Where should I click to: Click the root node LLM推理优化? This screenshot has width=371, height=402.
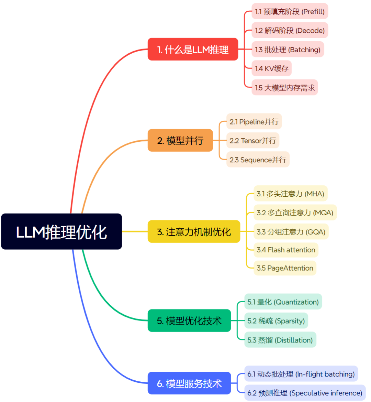pos(61,231)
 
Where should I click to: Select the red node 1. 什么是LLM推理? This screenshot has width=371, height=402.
pos(193,50)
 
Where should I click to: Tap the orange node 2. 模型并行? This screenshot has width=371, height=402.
pos(180,140)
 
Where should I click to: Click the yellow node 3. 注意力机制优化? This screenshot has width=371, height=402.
pos(194,232)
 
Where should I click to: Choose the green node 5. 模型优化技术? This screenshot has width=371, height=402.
pos(189,320)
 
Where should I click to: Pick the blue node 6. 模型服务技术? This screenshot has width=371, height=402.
pos(189,383)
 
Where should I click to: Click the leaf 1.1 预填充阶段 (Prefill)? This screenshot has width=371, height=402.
pos(290,11)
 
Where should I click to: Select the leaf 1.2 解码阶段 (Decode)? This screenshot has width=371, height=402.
pos(290,30)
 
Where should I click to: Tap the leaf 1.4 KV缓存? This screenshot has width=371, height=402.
pos(271,68)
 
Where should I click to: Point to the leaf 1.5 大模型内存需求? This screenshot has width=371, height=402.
pos(284,88)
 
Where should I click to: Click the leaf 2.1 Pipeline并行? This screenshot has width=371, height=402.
pos(254,122)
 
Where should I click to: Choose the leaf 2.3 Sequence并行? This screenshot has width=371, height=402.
pos(258,160)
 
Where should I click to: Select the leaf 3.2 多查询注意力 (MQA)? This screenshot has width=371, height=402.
pos(295,213)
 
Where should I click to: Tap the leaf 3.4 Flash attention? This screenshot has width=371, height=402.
pos(286,250)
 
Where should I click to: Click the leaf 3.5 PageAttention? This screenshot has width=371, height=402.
pos(285,268)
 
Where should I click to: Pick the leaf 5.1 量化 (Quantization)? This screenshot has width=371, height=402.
pos(283,302)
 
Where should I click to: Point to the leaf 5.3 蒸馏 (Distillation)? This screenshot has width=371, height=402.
pos(280,340)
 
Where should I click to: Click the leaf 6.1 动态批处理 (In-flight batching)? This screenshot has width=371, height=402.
pos(301,374)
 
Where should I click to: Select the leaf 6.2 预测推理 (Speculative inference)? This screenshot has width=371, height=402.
pos(305,393)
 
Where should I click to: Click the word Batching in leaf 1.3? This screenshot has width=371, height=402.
pos(304,50)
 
